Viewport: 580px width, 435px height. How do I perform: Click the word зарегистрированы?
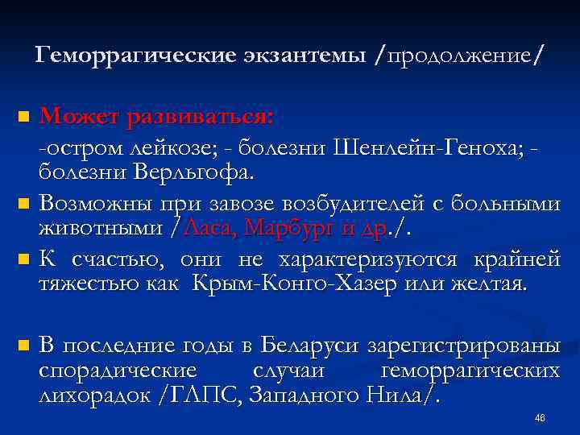[464, 347]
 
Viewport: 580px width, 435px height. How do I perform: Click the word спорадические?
[118, 371]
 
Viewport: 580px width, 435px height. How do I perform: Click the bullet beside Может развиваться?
[23, 118]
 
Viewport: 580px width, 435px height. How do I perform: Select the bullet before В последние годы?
[23, 347]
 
